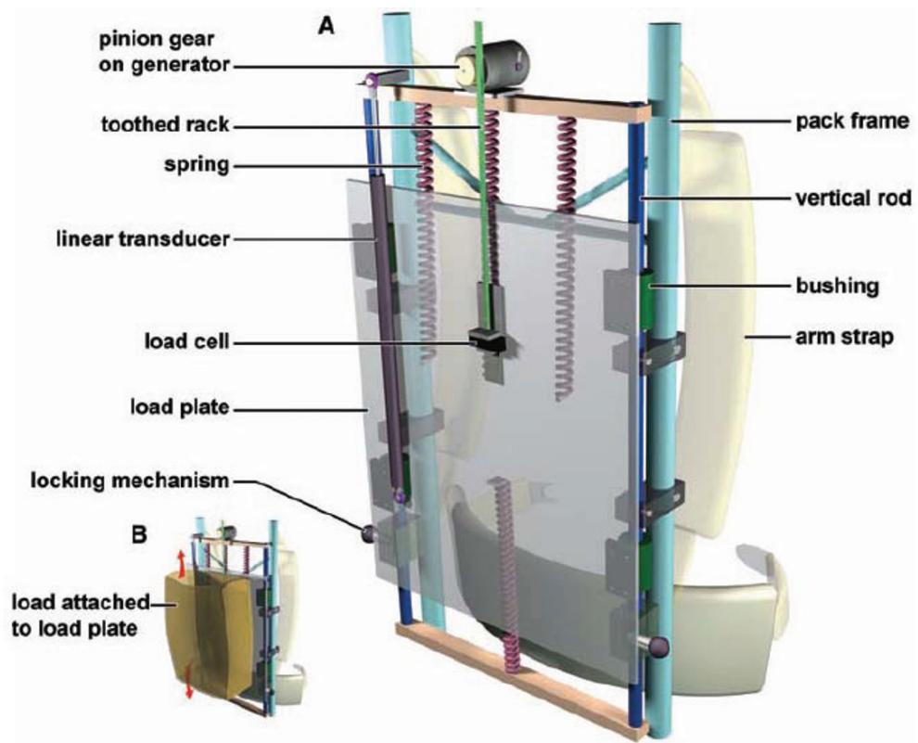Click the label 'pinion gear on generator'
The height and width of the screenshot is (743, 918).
tap(164, 52)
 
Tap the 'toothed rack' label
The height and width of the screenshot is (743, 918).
tap(165, 124)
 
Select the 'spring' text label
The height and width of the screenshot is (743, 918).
tap(197, 164)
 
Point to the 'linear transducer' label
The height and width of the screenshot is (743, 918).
tap(143, 238)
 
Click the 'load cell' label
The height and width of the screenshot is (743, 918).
tap(186, 340)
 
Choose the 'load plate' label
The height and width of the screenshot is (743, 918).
tap(179, 407)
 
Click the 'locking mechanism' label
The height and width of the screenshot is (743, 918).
tap(130, 480)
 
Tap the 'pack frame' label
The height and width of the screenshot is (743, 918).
tap(852, 122)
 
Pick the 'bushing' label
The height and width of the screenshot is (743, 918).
tap(837, 287)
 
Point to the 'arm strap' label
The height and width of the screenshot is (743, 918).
tap(844, 338)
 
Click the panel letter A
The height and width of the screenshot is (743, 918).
tap(326, 26)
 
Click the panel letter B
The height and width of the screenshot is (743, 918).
tap(139, 535)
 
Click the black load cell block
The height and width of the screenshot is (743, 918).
tap(487, 341)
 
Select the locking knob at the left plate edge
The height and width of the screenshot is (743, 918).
tap(369, 534)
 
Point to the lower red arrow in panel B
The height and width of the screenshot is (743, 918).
tap(188, 681)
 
